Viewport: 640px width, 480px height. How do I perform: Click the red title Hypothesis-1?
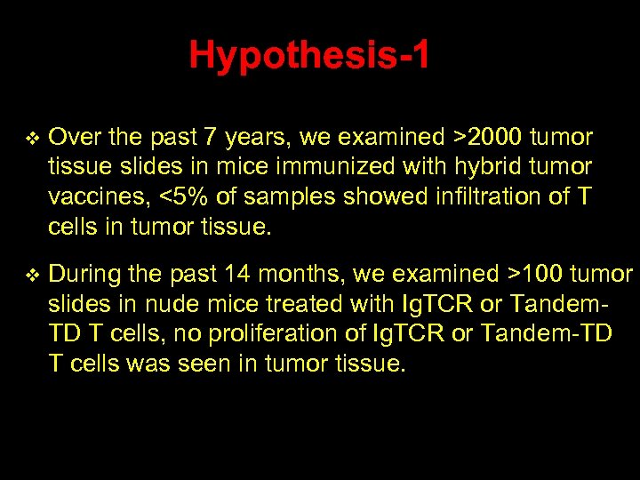coord(309,56)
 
